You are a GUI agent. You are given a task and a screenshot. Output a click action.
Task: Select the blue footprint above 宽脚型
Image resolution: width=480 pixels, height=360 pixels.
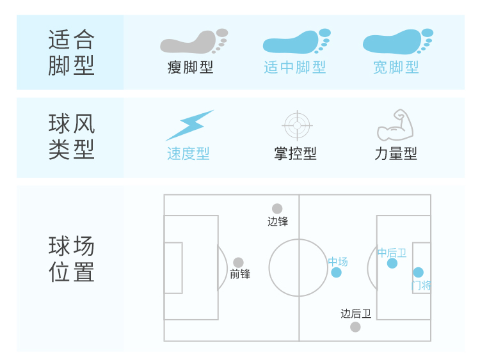tap(397, 42)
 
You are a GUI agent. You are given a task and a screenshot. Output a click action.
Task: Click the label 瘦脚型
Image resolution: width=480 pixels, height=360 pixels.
tap(191, 67)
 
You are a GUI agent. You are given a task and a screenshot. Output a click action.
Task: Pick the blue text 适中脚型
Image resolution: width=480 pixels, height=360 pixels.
tap(295, 67)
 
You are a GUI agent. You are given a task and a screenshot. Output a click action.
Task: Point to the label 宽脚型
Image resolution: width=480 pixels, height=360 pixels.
tap(396, 67)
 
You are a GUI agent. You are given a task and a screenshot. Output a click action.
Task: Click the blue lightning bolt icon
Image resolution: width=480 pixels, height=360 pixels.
tap(189, 125)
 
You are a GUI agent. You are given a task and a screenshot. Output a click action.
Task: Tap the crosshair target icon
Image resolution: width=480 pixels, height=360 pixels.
tap(296, 125)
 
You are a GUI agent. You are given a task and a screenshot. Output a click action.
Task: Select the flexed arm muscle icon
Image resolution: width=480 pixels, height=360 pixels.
tap(396, 125)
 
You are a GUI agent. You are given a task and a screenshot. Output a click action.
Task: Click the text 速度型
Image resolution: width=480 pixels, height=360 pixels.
tap(188, 154)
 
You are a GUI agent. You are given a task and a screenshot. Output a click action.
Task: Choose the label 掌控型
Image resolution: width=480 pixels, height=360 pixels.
tap(295, 154)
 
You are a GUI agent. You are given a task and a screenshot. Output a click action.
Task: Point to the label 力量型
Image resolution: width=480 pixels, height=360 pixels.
tap(396, 154)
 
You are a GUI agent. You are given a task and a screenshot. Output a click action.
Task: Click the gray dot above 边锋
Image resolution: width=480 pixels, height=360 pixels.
tap(277, 208)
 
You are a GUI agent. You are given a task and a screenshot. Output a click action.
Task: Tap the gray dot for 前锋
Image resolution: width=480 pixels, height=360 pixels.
tap(238, 262)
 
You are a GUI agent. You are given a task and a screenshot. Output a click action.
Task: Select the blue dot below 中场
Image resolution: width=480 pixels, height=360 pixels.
tap(337, 272)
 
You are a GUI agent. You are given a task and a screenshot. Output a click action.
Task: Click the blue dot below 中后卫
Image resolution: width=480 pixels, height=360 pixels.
tap(392, 263)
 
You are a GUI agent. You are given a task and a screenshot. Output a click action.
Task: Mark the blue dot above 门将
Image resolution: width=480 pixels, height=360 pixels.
tap(419, 272)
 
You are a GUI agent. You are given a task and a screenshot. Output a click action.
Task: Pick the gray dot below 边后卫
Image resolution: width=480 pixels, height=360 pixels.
tap(355, 327)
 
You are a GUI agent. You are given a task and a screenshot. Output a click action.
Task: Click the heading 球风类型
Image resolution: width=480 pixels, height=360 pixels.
tap(71, 137)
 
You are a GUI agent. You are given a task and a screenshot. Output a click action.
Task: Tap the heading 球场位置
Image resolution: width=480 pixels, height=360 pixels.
tap(71, 259)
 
